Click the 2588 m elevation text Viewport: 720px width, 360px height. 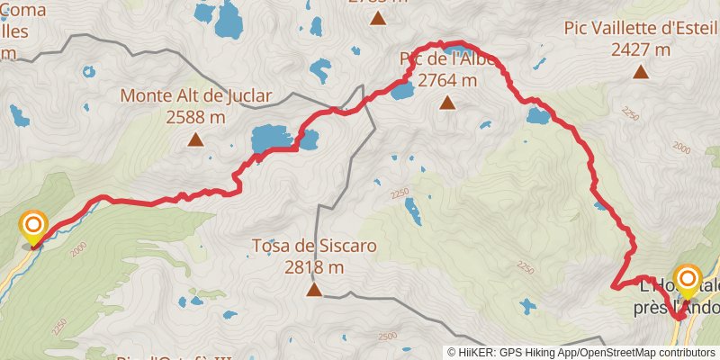click(195, 116)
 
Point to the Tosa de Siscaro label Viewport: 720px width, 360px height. click(313, 245)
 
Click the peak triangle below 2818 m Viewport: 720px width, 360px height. click(314, 290)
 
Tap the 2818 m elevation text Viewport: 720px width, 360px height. click(314, 266)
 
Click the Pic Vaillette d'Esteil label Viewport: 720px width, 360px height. click(641, 28)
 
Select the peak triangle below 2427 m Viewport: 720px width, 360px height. click(641, 72)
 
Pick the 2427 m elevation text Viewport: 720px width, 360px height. click(641, 50)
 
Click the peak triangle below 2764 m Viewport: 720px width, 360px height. click(447, 103)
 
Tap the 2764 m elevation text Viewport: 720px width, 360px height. click(447, 81)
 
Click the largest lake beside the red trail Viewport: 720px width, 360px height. click(271, 139)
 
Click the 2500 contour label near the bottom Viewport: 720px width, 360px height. click(386, 337)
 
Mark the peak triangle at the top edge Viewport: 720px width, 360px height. click(378, 17)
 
